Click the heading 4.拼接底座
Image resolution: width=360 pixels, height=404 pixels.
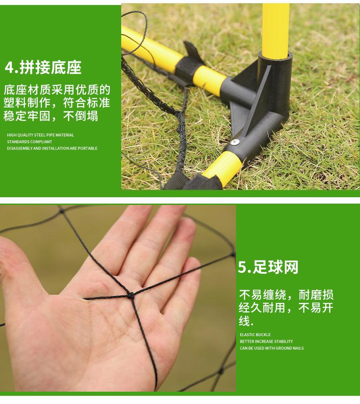pos(43,67)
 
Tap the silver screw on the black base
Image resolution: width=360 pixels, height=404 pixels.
pos(235,143)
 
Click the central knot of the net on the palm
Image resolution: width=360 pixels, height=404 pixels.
pos(131,295)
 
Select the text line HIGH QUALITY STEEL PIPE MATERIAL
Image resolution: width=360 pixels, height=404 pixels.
pos(40,135)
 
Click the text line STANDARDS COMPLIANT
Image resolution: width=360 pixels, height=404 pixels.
pos(29,142)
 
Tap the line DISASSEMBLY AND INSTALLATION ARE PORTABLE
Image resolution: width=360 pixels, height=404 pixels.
pos(52,148)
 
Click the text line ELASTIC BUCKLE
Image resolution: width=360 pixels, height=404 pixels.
pos(255,335)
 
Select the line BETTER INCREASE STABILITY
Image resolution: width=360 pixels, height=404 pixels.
pos(266,342)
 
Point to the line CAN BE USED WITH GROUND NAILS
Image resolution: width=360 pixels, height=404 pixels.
pos(272,348)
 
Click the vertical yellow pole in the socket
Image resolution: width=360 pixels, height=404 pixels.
pos(275,27)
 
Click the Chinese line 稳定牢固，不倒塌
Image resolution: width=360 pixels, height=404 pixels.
pos(51,116)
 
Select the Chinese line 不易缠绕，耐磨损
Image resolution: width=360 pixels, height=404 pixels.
pos(286,294)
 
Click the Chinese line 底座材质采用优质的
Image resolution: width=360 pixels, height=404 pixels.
pos(57,90)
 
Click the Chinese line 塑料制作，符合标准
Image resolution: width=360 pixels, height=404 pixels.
pos(57,103)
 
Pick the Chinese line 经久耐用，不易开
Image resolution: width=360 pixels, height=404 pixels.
pos(286,308)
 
